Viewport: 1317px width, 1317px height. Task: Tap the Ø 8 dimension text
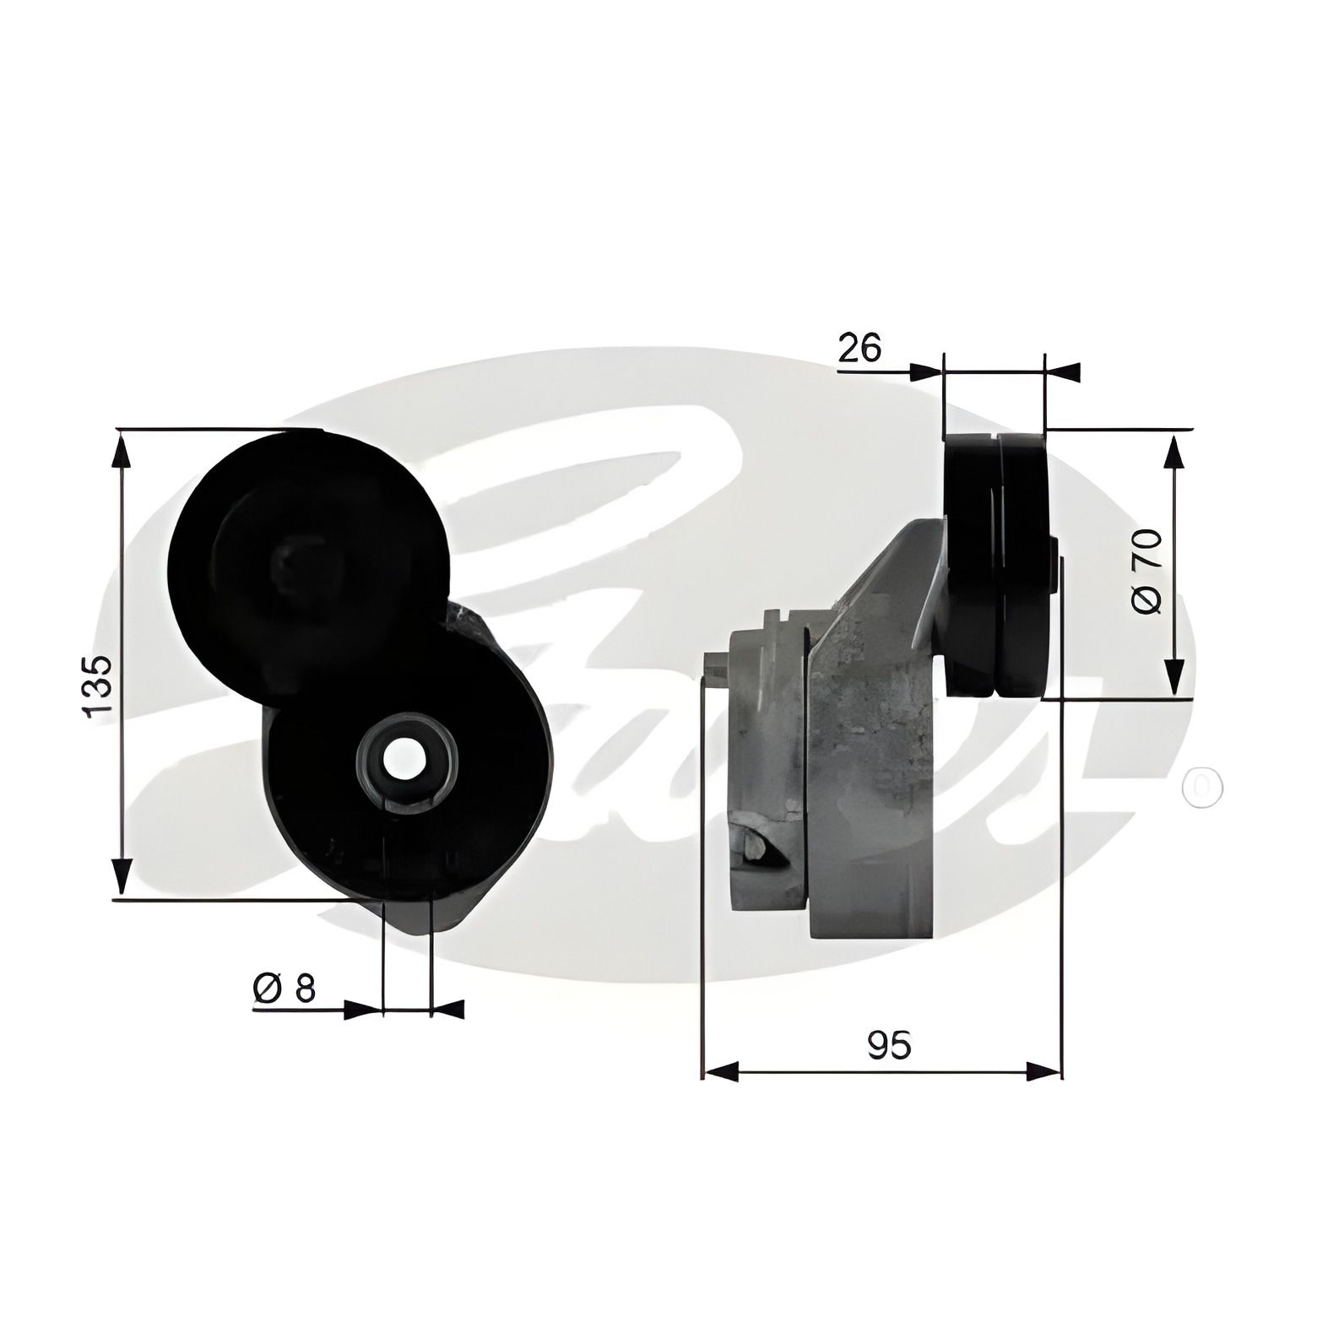point(284,987)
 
